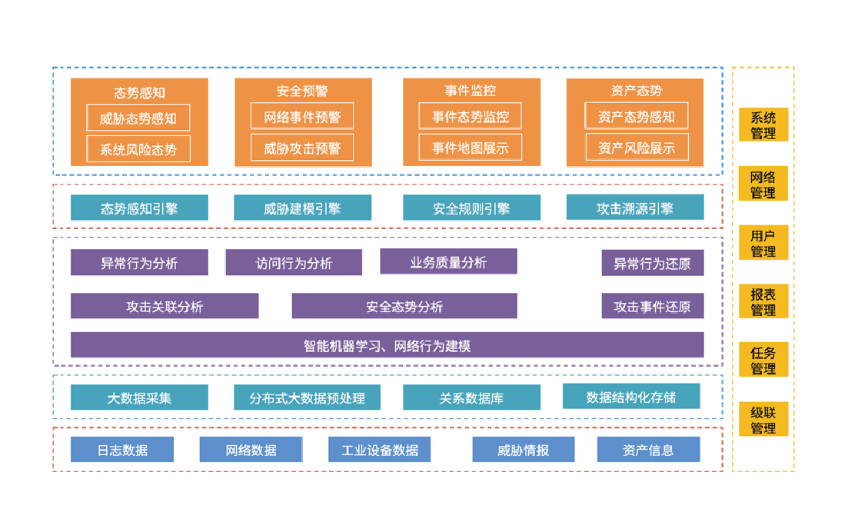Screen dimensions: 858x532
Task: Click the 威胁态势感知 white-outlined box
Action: [138, 118]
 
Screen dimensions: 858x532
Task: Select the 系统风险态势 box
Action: [138, 149]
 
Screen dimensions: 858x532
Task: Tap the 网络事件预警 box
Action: [302, 116]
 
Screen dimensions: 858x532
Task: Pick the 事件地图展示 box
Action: [470, 148]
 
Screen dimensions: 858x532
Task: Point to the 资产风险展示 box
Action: [637, 148]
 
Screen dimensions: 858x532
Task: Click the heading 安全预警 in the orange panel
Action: [302, 91]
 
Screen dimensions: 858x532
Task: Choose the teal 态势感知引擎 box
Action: [139, 208]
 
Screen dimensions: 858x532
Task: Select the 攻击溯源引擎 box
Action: [635, 208]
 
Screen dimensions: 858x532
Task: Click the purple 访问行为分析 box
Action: [294, 263]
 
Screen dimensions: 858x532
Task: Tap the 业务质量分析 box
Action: [448, 261]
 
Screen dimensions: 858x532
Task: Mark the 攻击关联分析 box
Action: [165, 306]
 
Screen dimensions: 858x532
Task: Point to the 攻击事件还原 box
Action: [652, 306]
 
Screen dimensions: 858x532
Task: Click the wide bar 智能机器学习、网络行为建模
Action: [387, 345]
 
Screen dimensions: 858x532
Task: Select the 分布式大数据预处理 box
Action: [307, 397]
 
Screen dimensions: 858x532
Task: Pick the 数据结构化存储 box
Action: [631, 396]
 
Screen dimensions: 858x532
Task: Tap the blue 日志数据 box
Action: [122, 449]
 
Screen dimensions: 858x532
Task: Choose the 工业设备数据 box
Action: [379, 449]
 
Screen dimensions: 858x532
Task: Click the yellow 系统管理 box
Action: [763, 125]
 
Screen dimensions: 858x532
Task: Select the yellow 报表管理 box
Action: [763, 301]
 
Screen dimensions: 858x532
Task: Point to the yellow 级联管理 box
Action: [763, 419]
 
